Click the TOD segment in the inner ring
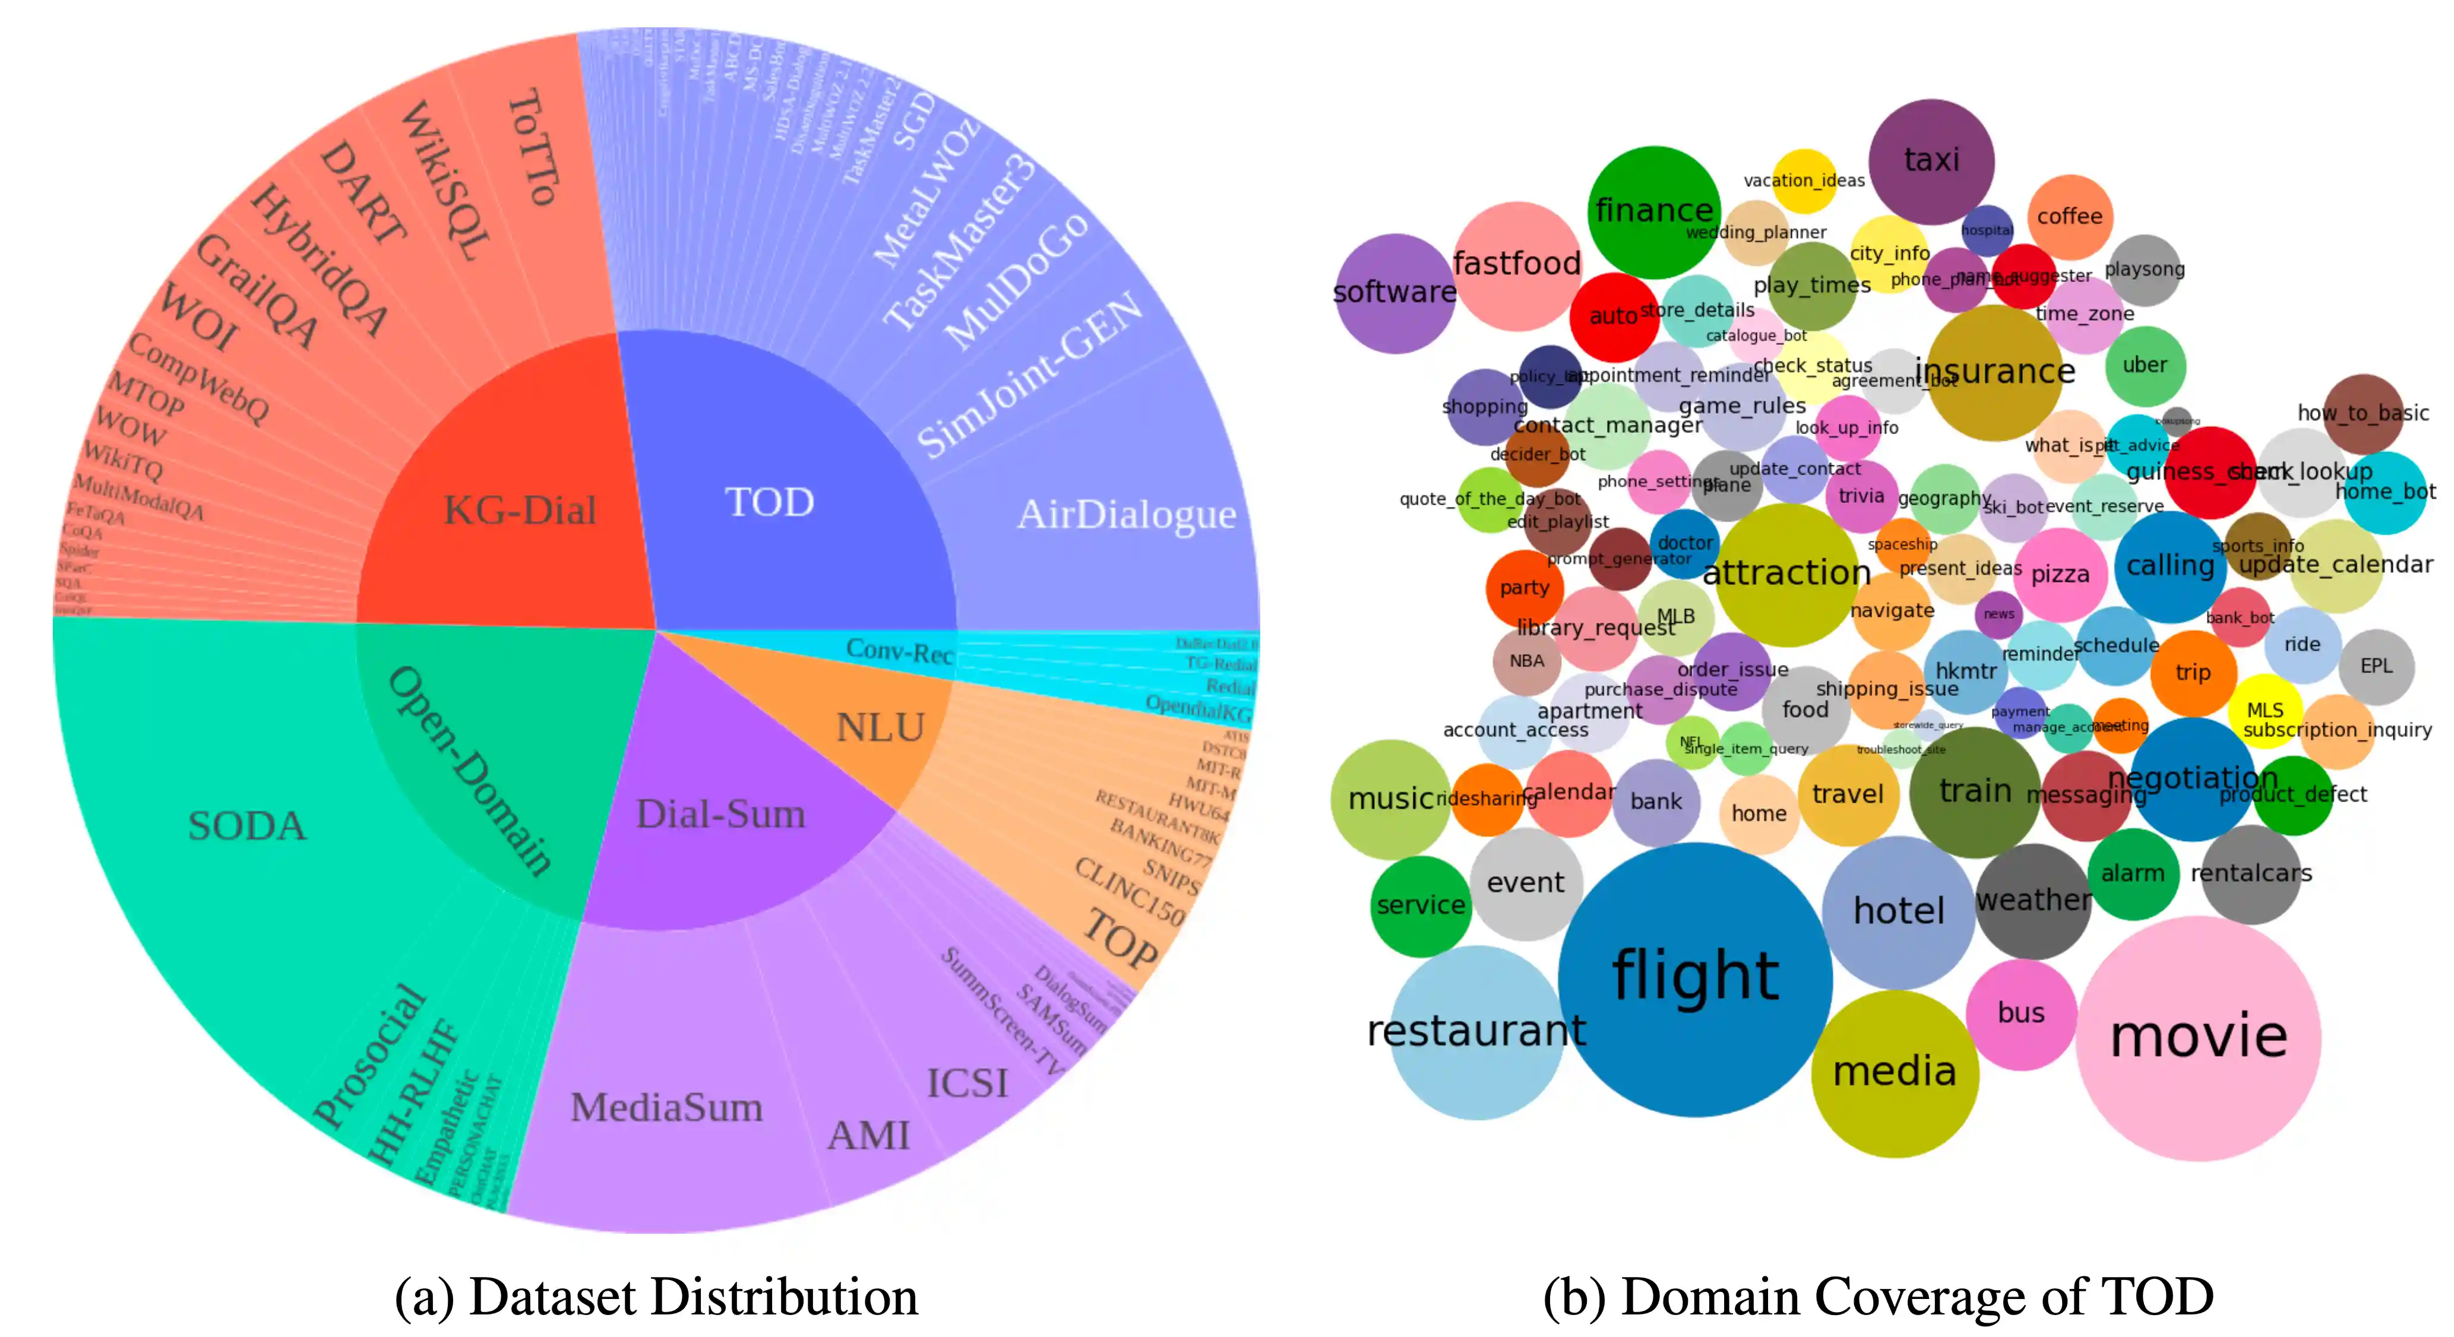[770, 502]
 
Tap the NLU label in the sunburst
[880, 727]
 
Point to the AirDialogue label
[1126, 514]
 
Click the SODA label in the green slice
[246, 826]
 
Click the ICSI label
[967, 1083]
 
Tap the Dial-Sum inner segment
[720, 814]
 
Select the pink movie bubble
[2198, 1037]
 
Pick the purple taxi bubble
[1931, 160]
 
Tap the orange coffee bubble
[2069, 216]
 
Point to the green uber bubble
[2145, 366]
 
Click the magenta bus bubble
[2020, 1013]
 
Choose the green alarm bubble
[2132, 874]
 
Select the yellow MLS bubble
[2265, 711]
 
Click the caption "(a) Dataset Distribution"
[656, 1297]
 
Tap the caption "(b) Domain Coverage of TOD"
[1878, 1297]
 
